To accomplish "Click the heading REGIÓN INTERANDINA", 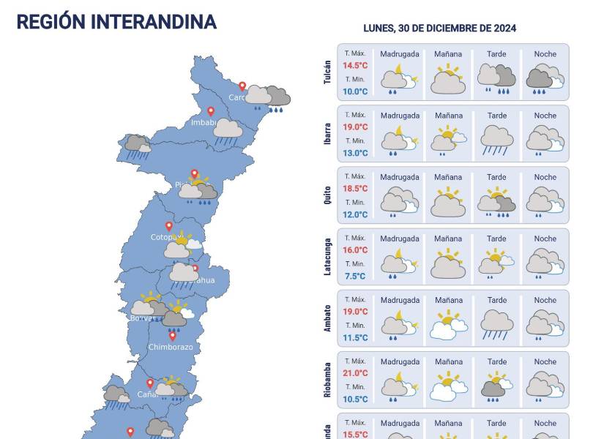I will point(116,21).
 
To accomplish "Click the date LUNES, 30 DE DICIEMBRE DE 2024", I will point(439,28).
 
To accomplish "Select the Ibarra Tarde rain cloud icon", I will point(496,140).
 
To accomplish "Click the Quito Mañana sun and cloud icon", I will point(448,201).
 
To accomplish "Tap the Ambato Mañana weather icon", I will point(448,324).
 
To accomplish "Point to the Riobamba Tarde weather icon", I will point(496,386).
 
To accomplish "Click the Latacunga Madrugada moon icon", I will point(399,263).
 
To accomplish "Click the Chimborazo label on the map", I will point(171,347).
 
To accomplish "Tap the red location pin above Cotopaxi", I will point(168,226).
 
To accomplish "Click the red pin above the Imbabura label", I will point(211,111).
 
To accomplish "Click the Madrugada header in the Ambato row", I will point(400,300).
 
